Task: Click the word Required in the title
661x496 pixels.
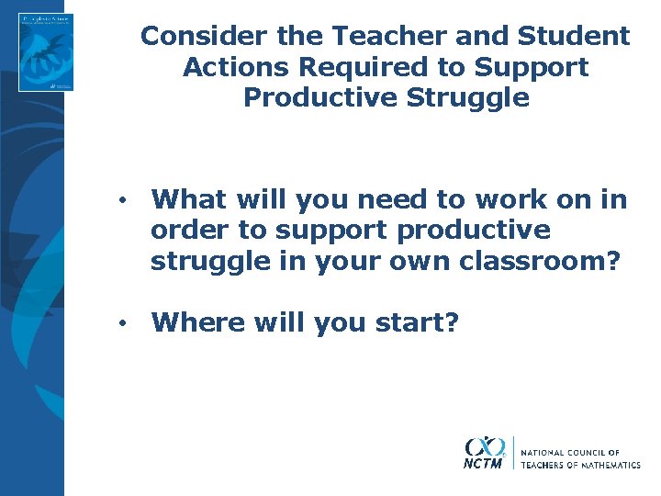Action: (364, 67)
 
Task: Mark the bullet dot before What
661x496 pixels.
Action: (121, 200)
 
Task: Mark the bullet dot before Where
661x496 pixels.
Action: (121, 323)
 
